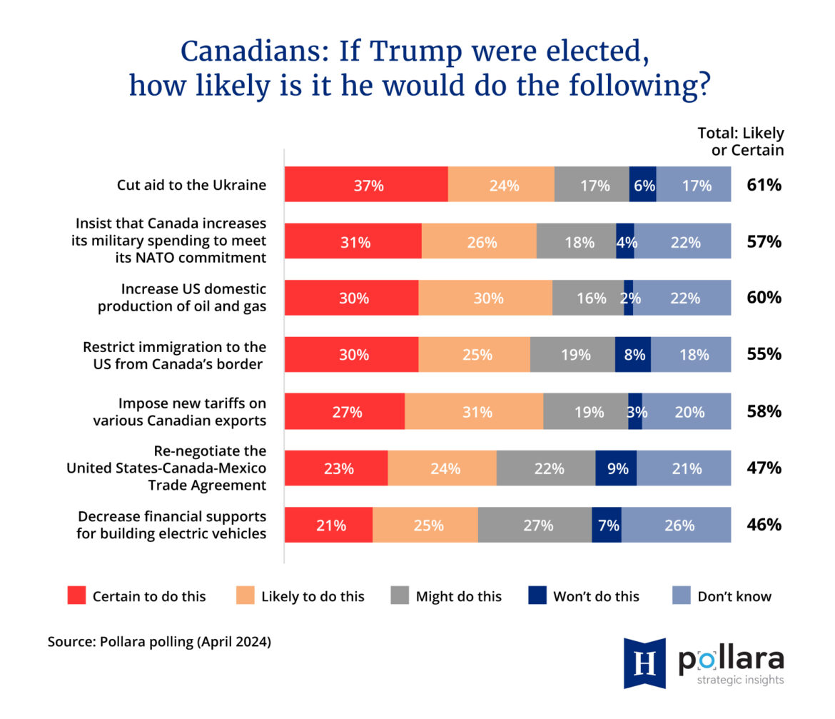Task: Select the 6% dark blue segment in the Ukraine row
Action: [x=642, y=185]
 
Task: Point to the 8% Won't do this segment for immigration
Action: [x=633, y=355]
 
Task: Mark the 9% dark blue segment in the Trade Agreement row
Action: [x=616, y=468]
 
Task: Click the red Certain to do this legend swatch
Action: [x=76, y=596]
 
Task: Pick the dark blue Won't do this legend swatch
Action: [x=537, y=596]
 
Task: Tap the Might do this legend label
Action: [x=458, y=596]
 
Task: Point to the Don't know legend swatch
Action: [x=682, y=596]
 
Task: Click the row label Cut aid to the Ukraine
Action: [x=191, y=185]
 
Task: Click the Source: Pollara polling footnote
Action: [x=159, y=642]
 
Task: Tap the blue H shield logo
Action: [x=644, y=662]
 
